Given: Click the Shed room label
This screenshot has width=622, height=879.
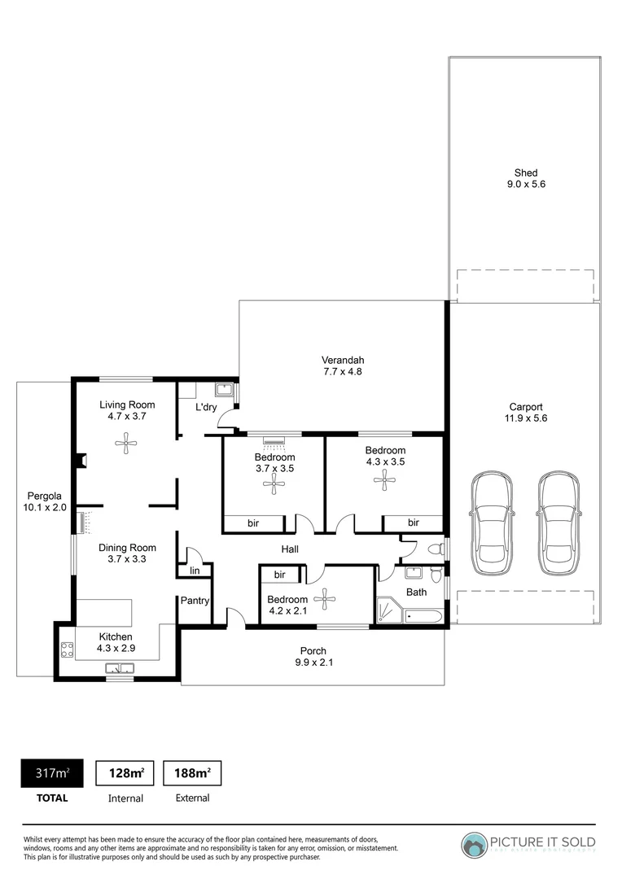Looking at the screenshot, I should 525,178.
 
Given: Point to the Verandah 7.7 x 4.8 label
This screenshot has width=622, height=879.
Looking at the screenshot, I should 342,365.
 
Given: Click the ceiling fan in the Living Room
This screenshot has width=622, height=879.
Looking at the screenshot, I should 126,444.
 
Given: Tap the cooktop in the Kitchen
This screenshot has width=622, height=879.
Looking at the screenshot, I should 67,650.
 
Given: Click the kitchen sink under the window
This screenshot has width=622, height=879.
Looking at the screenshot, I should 120,669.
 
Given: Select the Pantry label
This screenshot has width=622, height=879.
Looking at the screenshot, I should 196,601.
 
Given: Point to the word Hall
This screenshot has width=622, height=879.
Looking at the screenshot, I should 290,549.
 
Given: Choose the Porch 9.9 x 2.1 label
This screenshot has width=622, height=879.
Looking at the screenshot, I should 313,656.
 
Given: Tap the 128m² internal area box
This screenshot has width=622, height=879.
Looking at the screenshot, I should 126,772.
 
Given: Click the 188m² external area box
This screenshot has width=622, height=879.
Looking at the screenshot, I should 192,772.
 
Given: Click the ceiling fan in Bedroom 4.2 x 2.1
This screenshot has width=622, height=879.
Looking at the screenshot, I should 325,601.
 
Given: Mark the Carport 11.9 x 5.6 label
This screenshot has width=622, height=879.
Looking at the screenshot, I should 525,413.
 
